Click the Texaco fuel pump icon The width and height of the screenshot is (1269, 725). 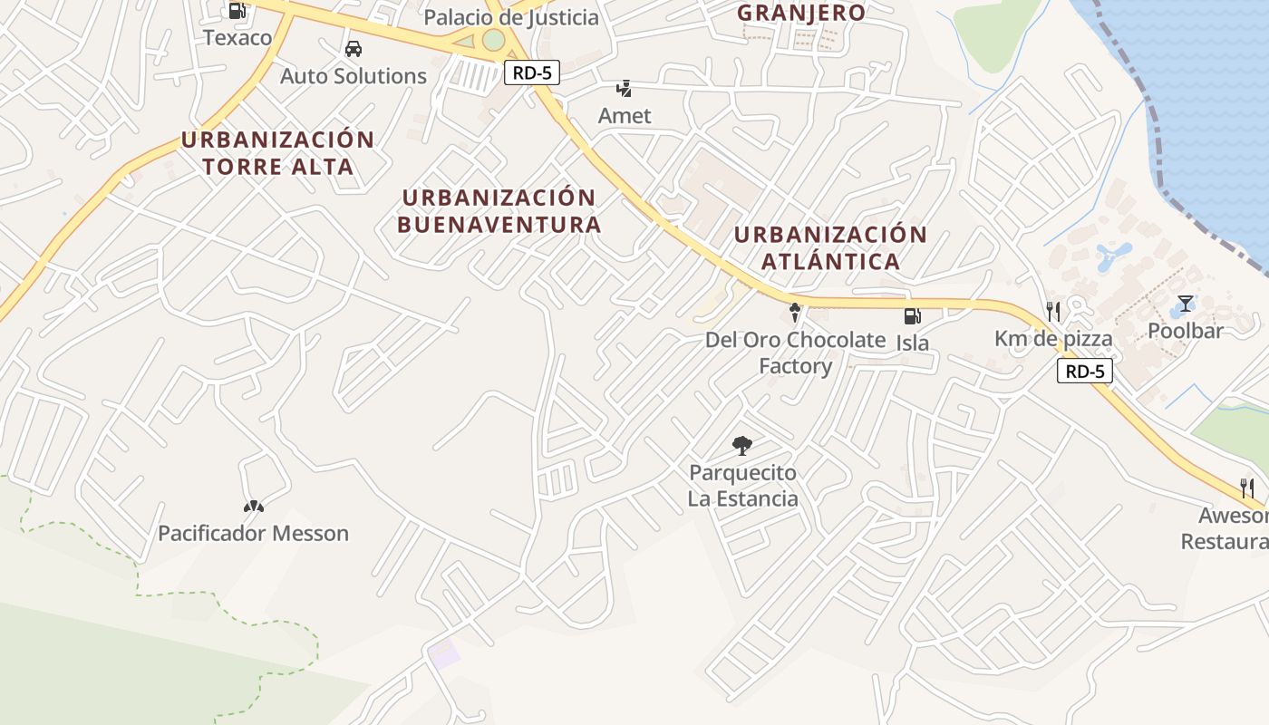[x=237, y=11]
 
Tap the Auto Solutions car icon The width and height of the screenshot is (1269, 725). [x=353, y=49]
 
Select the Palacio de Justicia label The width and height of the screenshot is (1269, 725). [x=511, y=17]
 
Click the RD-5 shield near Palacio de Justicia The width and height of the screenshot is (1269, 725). [x=531, y=73]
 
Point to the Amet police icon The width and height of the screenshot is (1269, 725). [x=624, y=89]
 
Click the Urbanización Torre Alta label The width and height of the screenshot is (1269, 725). [x=277, y=153]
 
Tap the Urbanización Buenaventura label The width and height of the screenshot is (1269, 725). [x=499, y=210]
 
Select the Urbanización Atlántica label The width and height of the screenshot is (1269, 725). [x=830, y=247]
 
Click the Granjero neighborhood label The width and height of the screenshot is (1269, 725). [x=800, y=13]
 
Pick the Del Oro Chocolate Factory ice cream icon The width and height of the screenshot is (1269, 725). [x=795, y=313]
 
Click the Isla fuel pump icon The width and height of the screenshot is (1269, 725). [x=912, y=316]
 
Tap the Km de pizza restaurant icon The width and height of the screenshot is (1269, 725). [x=1052, y=312]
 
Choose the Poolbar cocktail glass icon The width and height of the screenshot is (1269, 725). [x=1186, y=304]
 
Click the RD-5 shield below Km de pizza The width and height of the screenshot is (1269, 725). [x=1084, y=371]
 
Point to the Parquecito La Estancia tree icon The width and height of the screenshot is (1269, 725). [x=741, y=445]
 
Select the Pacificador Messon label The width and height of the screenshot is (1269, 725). [x=253, y=533]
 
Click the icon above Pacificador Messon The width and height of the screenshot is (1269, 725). [x=253, y=507]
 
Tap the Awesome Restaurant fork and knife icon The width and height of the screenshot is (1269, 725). [x=1247, y=488]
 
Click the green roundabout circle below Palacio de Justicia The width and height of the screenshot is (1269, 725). [x=493, y=40]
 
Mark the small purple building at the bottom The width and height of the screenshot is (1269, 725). [x=444, y=653]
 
